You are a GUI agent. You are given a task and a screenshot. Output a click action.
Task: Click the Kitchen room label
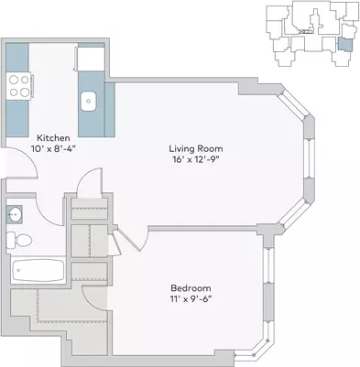53,138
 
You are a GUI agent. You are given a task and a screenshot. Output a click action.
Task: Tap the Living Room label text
196,149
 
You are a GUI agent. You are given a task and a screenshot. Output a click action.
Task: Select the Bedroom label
191,288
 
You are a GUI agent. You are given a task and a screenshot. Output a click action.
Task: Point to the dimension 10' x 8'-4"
53,149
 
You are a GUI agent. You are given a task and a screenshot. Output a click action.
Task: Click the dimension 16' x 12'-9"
196,159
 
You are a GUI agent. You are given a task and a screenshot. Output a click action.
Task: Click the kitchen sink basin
89,102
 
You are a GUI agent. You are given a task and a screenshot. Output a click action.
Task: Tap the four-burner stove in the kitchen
19,86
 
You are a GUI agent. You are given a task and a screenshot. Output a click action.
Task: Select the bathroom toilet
19,240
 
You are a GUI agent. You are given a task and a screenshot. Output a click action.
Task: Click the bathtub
38,270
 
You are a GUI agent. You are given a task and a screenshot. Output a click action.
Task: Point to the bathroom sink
15,215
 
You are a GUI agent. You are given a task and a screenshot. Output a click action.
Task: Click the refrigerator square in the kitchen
91,59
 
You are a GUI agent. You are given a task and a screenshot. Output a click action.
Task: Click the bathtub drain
18,270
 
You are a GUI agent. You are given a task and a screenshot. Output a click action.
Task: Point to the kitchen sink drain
89,101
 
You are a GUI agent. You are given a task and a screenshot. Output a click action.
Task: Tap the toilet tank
10,240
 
